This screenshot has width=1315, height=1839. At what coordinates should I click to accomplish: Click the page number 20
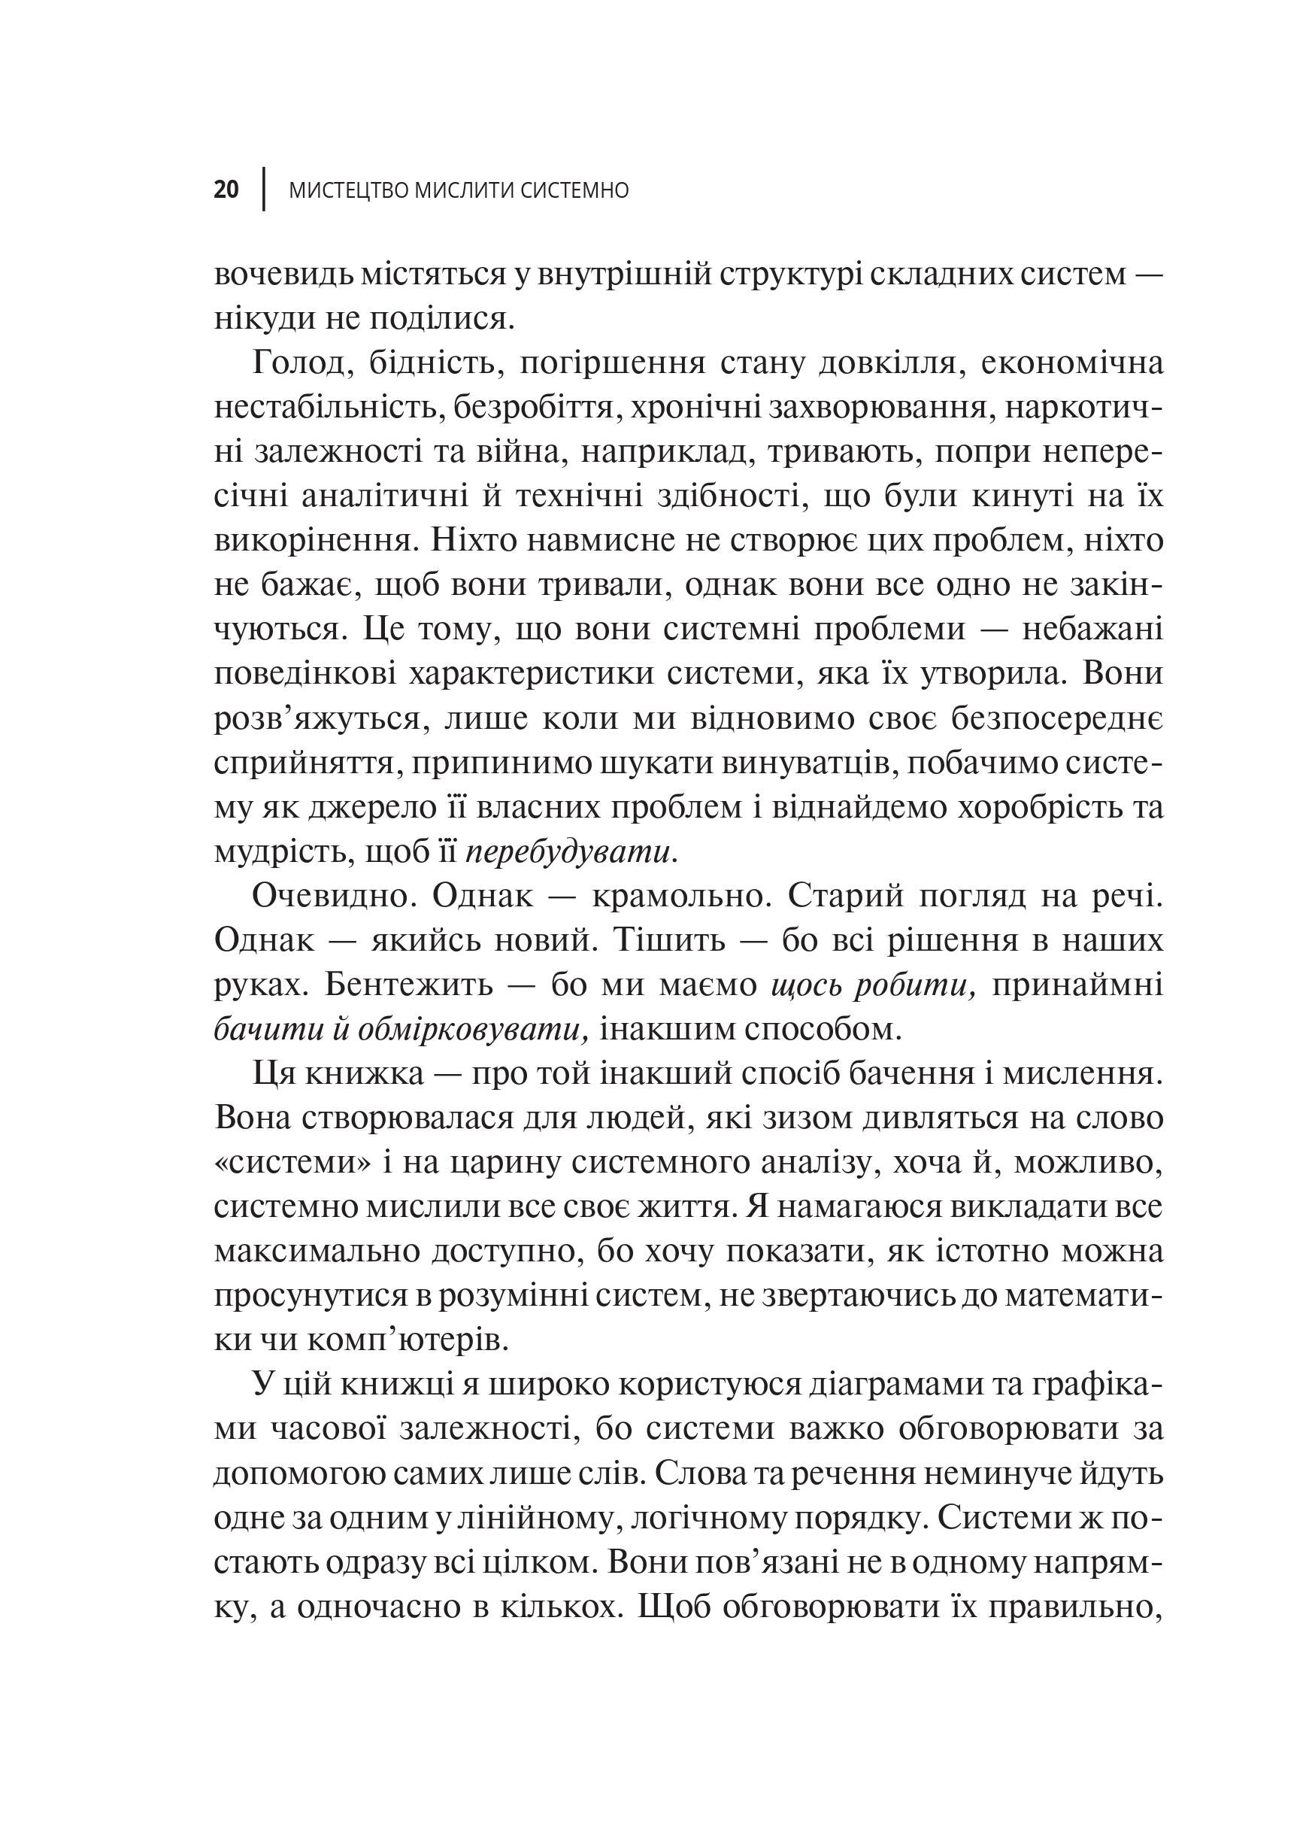point(227,190)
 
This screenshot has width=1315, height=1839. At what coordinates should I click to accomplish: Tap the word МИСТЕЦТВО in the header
point(349,190)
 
